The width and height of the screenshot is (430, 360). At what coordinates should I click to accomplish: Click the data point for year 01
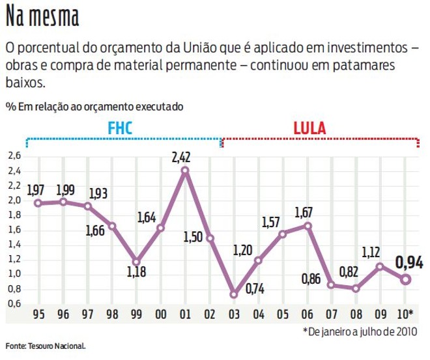coord(185,171)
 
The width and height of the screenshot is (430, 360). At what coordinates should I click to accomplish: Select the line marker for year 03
coord(235,294)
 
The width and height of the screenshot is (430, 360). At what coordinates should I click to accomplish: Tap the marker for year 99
coord(136,262)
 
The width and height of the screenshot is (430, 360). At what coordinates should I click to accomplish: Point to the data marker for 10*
coord(405,279)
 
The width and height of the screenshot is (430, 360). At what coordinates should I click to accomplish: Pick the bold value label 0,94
coord(409,263)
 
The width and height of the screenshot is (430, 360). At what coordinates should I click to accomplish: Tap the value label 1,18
coord(136,273)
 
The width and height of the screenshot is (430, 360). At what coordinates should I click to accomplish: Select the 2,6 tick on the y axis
coord(14,157)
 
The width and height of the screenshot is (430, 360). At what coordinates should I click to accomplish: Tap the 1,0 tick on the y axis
coord(14,274)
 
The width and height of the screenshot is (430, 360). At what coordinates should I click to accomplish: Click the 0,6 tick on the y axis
coord(14,303)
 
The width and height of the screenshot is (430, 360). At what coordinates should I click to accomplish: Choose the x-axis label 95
coord(38,315)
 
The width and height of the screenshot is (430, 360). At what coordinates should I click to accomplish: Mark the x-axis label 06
coord(308,315)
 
